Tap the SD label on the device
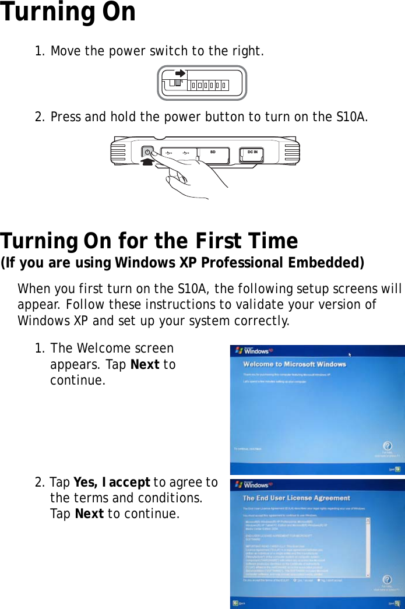(x=213, y=152)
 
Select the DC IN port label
(x=252, y=152)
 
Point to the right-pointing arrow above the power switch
(x=180, y=74)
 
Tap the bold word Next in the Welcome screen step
(x=146, y=364)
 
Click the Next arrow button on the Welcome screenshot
(x=396, y=468)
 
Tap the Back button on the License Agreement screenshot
(x=237, y=603)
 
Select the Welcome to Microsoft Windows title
(x=294, y=365)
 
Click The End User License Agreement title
(x=296, y=498)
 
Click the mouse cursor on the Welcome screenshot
(x=350, y=354)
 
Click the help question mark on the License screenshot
(x=386, y=580)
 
